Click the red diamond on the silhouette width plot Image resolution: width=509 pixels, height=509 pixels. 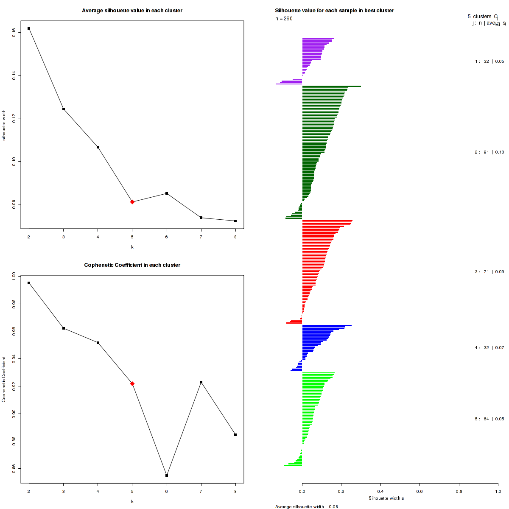[132, 202]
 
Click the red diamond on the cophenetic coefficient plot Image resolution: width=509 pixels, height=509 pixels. [132, 383]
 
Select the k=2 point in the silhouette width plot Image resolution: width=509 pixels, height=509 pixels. [29, 28]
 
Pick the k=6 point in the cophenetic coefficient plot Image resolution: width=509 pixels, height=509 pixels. [167, 475]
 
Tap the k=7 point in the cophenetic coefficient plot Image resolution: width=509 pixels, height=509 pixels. [201, 382]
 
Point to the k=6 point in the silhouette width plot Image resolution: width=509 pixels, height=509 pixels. [167, 193]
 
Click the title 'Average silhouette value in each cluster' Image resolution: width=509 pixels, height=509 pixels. [132, 10]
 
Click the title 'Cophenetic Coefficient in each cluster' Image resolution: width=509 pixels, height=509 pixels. [132, 265]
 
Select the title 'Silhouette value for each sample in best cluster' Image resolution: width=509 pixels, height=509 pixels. [335, 10]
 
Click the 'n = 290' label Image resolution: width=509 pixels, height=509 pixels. [284, 19]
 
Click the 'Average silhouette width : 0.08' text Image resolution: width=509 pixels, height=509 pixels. [306, 506]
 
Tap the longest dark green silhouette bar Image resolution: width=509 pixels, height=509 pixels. [331, 86]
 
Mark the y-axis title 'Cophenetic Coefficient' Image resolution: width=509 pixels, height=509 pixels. [4, 380]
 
